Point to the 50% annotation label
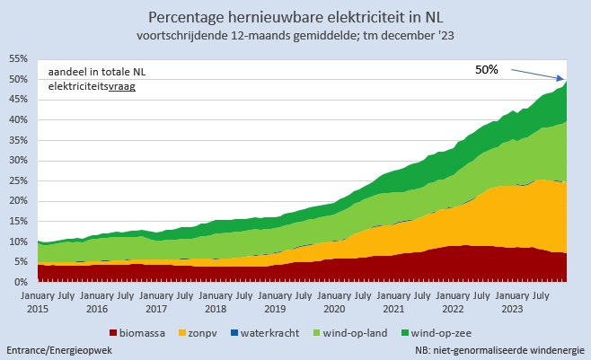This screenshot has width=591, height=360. tap(487, 69)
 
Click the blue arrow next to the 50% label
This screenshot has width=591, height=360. tap(539, 75)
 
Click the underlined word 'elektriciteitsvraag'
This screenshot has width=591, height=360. tap(93, 88)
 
